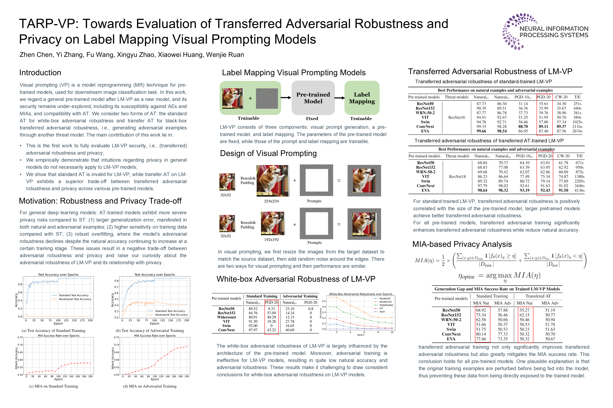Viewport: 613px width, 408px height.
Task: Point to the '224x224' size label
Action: pyautogui.click(x=271, y=201)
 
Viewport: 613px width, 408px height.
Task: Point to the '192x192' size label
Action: pyautogui.click(x=271, y=240)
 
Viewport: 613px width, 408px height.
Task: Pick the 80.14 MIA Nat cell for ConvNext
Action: pyautogui.click(x=481, y=334)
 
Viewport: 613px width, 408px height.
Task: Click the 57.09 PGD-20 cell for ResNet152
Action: pyautogui.click(x=271, y=313)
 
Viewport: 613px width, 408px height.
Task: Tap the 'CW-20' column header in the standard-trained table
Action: pyautogui.click(x=561, y=97)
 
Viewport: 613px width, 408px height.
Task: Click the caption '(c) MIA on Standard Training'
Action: pyautogui.click(x=53, y=386)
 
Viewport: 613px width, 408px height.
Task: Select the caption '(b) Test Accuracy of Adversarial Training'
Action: pyautogui.click(x=150, y=331)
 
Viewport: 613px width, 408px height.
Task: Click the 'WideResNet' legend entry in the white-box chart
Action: pyautogui.click(x=386, y=305)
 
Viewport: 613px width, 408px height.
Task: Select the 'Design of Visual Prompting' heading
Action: pyautogui.click(x=268, y=153)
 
